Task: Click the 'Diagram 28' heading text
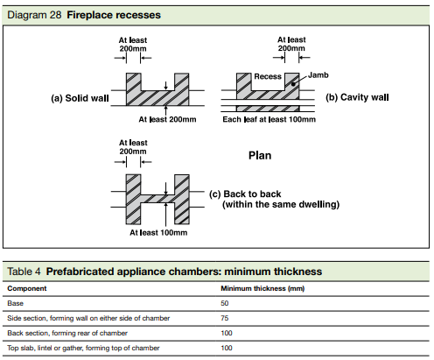click(x=34, y=15)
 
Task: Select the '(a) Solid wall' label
click(x=80, y=98)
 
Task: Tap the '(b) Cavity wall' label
click(x=357, y=97)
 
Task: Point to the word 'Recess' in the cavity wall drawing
click(x=268, y=76)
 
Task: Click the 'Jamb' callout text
click(x=318, y=75)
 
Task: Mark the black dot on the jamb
click(x=293, y=84)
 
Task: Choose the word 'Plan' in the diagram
click(x=260, y=155)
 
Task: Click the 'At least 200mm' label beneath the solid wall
click(x=167, y=119)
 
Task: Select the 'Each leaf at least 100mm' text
click(x=269, y=119)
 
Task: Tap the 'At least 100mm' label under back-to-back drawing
click(x=158, y=232)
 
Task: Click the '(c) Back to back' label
click(x=245, y=194)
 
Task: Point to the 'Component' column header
click(x=27, y=288)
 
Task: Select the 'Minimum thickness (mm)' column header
click(x=262, y=288)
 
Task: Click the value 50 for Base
click(x=225, y=303)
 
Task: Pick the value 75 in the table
click(x=225, y=318)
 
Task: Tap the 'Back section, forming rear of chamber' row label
click(x=67, y=333)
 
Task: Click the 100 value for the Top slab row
click(x=227, y=348)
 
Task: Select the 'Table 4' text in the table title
click(x=24, y=272)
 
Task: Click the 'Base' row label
click(x=15, y=303)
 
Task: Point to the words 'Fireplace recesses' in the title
click(x=114, y=15)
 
